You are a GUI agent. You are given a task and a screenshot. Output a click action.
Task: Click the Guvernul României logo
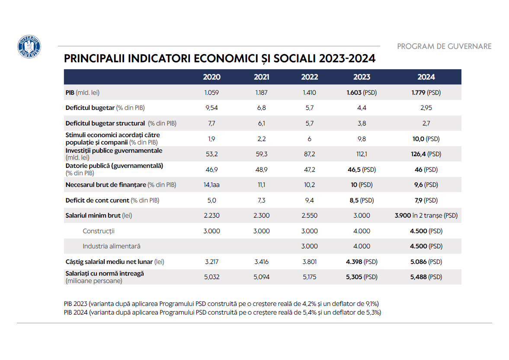point(29,46)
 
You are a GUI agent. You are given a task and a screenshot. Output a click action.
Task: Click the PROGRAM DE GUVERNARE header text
point(444,46)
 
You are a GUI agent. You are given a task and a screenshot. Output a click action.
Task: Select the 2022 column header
point(309,77)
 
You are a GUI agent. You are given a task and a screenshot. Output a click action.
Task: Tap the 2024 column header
point(426,77)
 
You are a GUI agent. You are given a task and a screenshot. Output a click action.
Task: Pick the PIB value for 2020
point(211,93)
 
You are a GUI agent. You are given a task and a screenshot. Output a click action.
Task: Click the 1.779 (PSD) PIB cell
point(426,93)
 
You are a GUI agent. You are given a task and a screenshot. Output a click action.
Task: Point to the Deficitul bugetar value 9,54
point(211,108)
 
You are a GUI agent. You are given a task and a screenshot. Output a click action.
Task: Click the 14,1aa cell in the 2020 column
point(211,185)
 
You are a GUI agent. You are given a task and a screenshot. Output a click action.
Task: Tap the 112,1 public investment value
point(362,154)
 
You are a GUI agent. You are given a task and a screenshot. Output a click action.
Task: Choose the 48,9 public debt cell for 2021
point(261,170)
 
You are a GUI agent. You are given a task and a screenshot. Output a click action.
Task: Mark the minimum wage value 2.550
point(309,215)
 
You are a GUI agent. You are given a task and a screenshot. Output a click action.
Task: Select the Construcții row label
point(99,231)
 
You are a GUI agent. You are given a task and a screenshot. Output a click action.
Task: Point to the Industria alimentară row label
point(111,246)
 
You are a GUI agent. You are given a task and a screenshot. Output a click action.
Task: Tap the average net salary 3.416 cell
point(261,262)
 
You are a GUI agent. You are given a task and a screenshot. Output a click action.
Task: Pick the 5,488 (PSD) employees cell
point(426,277)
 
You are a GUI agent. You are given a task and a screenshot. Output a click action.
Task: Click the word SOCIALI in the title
point(295,58)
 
